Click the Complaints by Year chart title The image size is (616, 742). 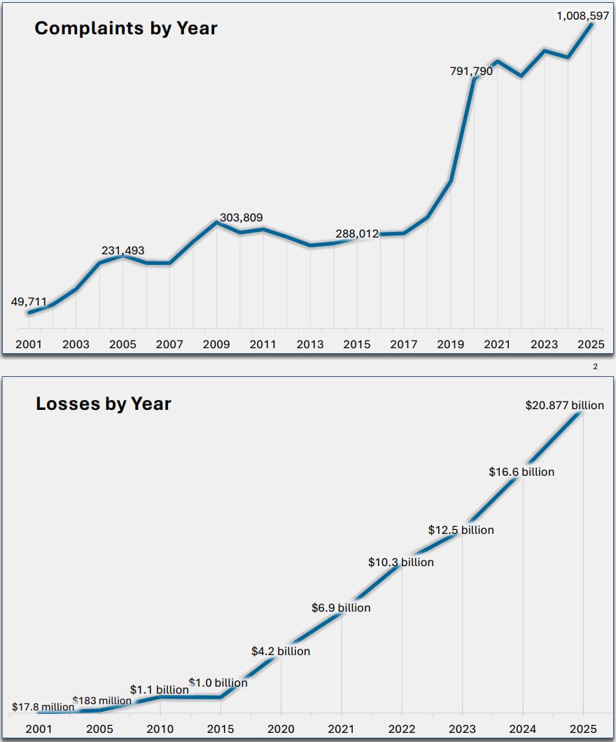coord(126,29)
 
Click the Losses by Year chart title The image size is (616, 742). coord(104,404)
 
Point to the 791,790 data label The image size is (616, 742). coord(472,70)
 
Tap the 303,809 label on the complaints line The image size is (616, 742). coord(241,217)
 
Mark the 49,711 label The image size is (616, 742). coord(29,302)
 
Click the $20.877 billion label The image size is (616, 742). coord(564,405)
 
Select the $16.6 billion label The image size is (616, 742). coord(521,472)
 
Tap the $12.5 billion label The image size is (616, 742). coord(461,530)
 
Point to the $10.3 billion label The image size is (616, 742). coord(401,562)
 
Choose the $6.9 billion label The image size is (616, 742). coord(341,607)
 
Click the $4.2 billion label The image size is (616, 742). coord(281,651)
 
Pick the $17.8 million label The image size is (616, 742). coord(43,707)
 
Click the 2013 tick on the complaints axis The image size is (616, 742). coord(310,344)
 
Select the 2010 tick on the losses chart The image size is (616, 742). coord(160,729)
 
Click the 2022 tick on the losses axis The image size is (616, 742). coord(401,729)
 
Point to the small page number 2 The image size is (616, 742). coord(595,366)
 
